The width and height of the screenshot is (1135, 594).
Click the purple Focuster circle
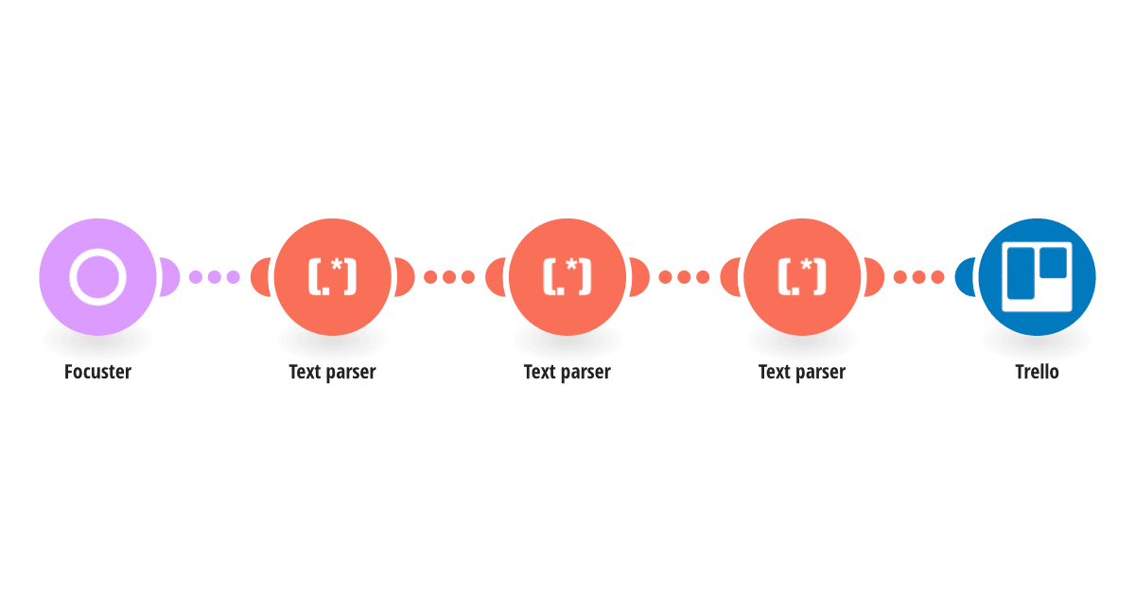coord(97,277)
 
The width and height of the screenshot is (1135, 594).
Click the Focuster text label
coord(97,372)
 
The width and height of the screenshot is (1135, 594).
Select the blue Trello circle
coord(1037,277)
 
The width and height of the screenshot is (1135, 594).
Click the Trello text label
coord(1037,372)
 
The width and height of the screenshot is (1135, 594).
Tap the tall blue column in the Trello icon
coord(1021,273)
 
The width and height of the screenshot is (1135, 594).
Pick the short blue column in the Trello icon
coord(1054,263)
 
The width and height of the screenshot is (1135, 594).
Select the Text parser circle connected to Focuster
coord(332,277)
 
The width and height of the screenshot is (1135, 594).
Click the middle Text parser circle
coord(567,277)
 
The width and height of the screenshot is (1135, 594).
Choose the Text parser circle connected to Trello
coord(802,277)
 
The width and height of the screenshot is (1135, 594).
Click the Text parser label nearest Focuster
coord(332,373)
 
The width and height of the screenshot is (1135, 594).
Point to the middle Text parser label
coord(567,373)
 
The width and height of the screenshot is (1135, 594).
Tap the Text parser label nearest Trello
coord(802,373)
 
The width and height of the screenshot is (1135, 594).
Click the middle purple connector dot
coord(215,277)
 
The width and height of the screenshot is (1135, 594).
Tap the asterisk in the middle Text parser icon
coord(571,265)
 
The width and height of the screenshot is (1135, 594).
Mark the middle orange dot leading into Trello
coord(918,277)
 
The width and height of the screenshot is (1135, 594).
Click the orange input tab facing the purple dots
coord(260,277)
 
